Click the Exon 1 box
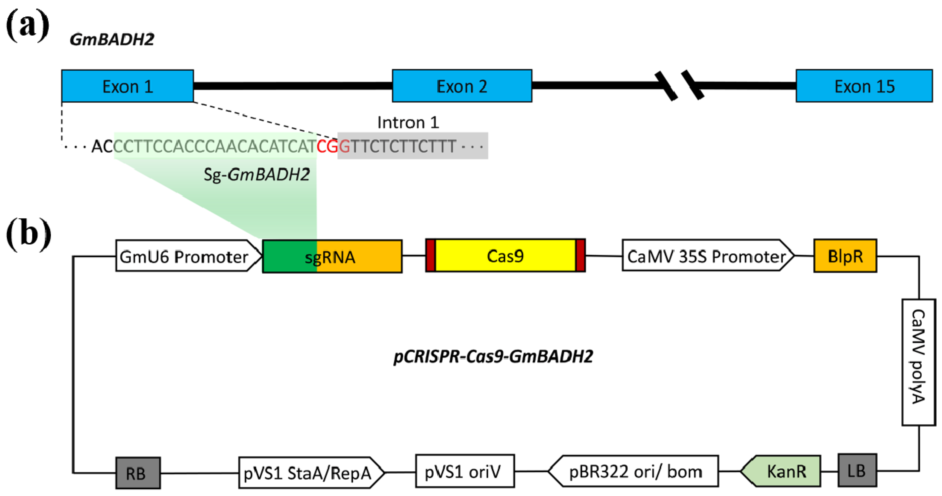tap(127, 86)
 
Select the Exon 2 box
tap(462, 86)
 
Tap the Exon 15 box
tap(864, 86)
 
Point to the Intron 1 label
tap(408, 123)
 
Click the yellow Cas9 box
tap(505, 256)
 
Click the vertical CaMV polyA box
tap(918, 362)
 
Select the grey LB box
tap(857, 470)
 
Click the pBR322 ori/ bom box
tap(635, 471)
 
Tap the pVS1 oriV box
tap(465, 471)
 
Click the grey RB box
tap(138, 473)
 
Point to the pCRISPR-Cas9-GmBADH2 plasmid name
tap(493, 356)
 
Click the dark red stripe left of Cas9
tap(430, 256)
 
